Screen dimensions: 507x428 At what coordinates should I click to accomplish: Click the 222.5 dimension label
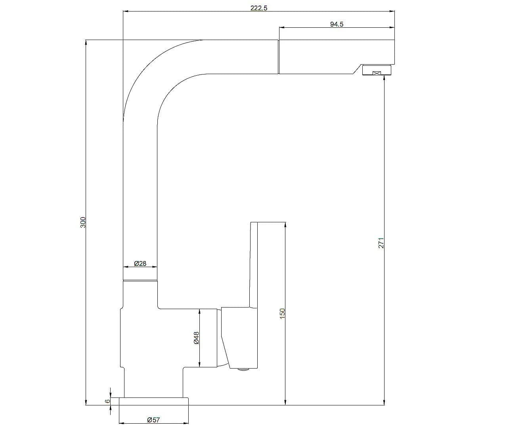click(x=259, y=8)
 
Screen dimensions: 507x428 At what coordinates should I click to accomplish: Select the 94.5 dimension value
click(x=337, y=24)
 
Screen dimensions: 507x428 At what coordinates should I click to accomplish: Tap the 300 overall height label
click(x=83, y=222)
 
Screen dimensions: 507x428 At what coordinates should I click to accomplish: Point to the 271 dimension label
click(x=381, y=243)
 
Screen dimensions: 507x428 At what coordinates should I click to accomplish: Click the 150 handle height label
click(x=282, y=313)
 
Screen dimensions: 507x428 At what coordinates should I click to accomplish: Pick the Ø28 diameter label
click(x=140, y=264)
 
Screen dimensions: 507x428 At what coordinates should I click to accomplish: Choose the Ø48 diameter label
click(x=196, y=338)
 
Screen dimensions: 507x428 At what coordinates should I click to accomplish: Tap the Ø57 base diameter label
click(x=153, y=420)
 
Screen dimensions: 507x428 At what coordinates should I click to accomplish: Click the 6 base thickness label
click(x=107, y=401)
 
